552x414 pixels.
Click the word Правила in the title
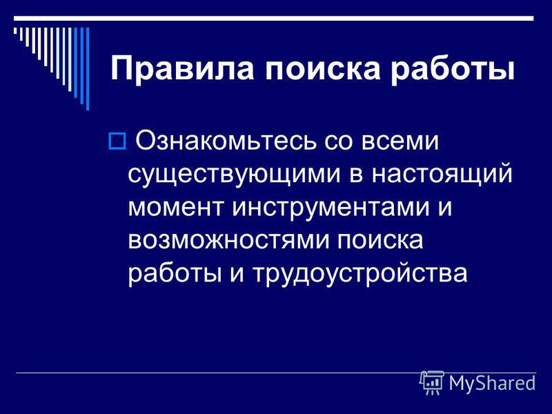[x=182, y=68]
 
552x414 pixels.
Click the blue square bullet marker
[x=117, y=141]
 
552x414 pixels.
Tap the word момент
[x=176, y=207]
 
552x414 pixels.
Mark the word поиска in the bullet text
[x=380, y=239]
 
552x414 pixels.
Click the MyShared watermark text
[x=492, y=383]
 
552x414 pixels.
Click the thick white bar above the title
[x=273, y=19]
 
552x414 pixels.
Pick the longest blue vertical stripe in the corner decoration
[x=88, y=68]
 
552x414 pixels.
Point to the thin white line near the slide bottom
[x=276, y=373]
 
